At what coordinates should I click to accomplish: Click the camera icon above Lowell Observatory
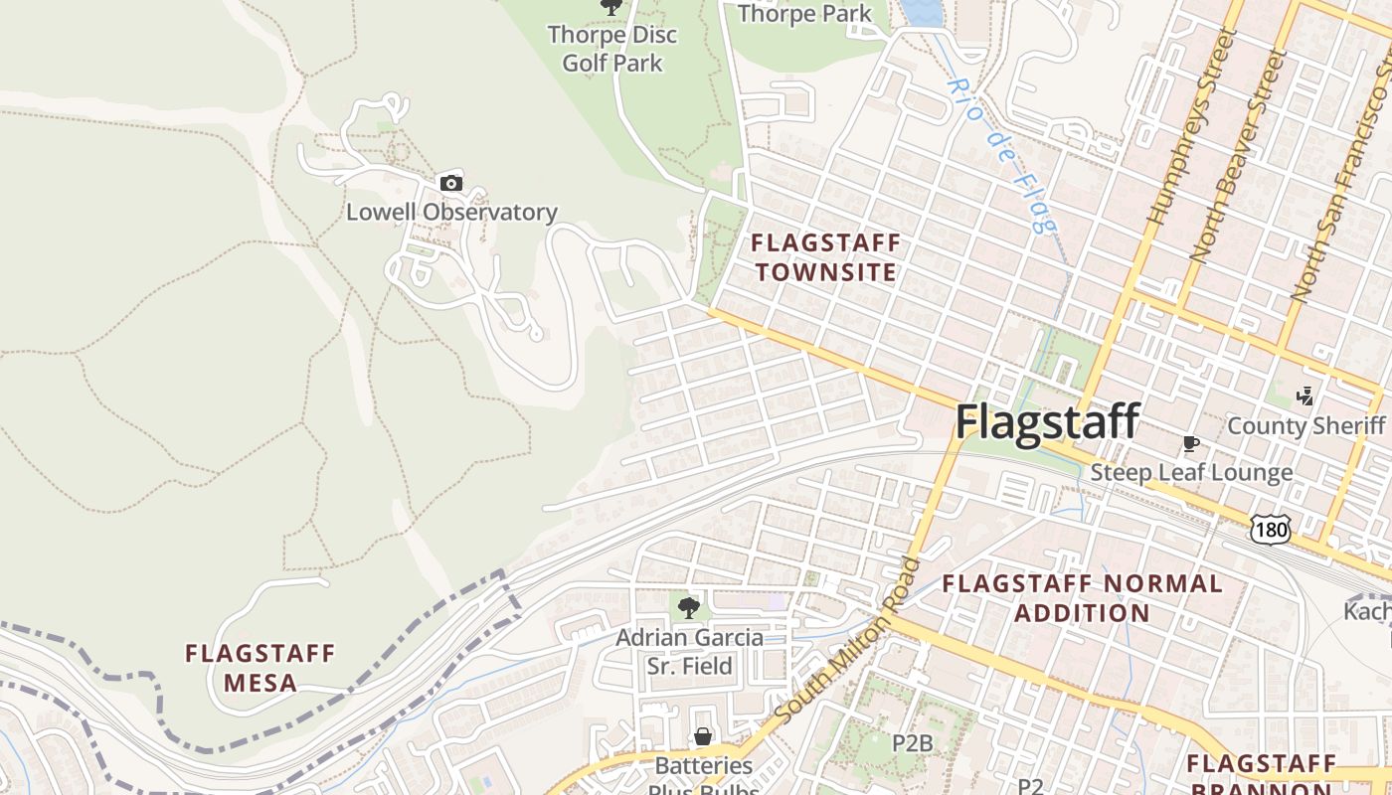(450, 183)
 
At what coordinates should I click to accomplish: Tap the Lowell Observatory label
(451, 212)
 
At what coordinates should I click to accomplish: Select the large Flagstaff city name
(1047, 421)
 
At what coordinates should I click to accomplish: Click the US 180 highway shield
(1272, 530)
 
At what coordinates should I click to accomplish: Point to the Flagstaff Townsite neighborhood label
(825, 257)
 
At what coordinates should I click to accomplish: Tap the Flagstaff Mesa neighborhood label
(261, 668)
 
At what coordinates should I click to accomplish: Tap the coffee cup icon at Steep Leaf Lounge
(1190, 443)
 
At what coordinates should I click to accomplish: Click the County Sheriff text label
(1305, 425)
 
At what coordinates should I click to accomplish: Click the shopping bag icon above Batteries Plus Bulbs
(703, 736)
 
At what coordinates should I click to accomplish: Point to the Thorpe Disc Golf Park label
(612, 49)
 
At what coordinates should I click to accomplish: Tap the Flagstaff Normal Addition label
(1082, 597)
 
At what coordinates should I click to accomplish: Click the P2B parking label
(912, 742)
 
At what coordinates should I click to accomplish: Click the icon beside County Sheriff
(1305, 397)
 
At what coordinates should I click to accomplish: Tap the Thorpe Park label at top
(804, 14)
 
